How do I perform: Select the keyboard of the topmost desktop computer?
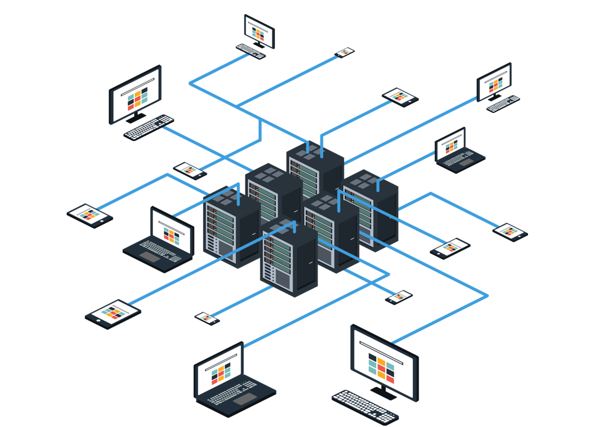[250, 50]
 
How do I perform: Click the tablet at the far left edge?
[88, 215]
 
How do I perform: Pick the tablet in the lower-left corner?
[114, 311]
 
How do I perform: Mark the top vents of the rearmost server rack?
[309, 154]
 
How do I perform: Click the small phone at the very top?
[345, 52]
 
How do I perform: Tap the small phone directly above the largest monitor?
[400, 297]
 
